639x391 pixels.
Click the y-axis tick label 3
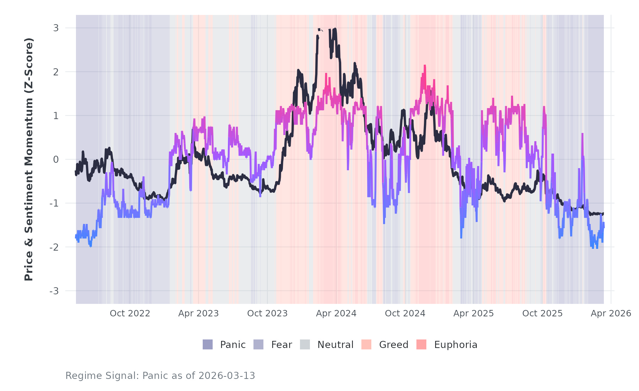pyautogui.click(x=56, y=28)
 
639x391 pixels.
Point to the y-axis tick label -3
pyautogui.click(x=54, y=291)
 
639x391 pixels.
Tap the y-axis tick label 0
pyautogui.click(x=56, y=160)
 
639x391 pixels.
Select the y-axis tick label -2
pyautogui.click(x=54, y=247)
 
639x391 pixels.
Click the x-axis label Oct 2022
pyautogui.click(x=130, y=314)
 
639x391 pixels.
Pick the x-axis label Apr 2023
pyautogui.click(x=198, y=314)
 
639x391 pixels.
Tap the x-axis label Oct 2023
pyautogui.click(x=267, y=314)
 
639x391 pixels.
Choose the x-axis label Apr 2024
pyautogui.click(x=336, y=314)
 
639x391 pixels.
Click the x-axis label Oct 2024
pyautogui.click(x=405, y=314)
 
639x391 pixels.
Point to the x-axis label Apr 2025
pyautogui.click(x=474, y=314)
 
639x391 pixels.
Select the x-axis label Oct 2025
pyautogui.click(x=542, y=314)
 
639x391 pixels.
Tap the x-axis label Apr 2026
pyautogui.click(x=611, y=314)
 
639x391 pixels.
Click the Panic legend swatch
pyautogui.click(x=208, y=344)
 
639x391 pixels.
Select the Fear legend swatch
pyautogui.click(x=258, y=344)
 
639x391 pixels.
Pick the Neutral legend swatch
pyautogui.click(x=305, y=344)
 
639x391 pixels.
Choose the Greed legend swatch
pyautogui.click(x=366, y=344)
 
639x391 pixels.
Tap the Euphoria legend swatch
pyautogui.click(x=421, y=344)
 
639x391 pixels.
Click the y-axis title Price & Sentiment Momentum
pyautogui.click(x=29, y=159)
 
